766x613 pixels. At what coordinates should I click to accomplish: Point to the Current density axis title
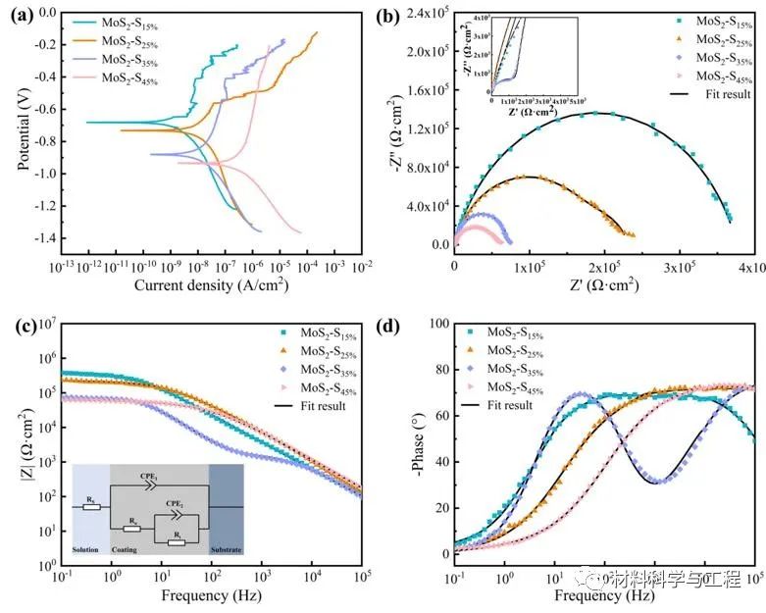point(213,285)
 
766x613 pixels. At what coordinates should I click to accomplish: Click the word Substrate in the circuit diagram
point(227,550)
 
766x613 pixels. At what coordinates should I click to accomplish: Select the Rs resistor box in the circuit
point(91,507)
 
